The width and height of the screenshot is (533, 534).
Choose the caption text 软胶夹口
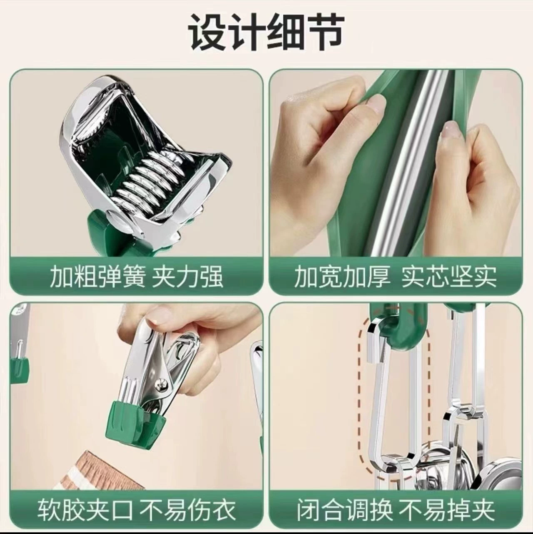click(x=85, y=509)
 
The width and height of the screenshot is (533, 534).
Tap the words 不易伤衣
click(x=187, y=509)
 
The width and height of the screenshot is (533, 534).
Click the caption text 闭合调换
click(x=344, y=509)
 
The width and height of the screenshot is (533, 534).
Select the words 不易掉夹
click(x=447, y=509)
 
